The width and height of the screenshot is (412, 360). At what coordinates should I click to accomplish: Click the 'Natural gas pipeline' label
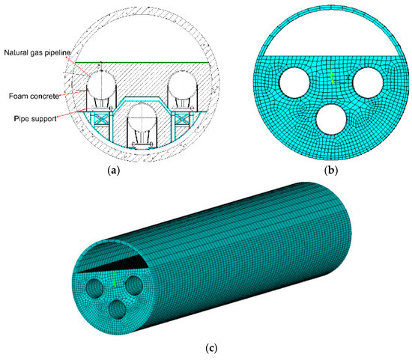pyautogui.click(x=37, y=52)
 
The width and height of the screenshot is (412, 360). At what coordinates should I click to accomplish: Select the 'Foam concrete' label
pyautogui.click(x=34, y=96)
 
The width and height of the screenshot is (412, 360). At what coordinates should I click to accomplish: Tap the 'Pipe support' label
pyautogui.click(x=35, y=119)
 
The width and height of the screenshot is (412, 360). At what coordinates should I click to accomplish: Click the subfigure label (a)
pyautogui.click(x=114, y=171)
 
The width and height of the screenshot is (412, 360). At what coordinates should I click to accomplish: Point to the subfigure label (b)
pyautogui.click(x=331, y=171)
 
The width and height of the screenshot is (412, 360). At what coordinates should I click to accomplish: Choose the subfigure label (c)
pyautogui.click(x=211, y=348)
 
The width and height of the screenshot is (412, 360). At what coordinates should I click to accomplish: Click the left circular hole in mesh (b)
pyautogui.click(x=294, y=82)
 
